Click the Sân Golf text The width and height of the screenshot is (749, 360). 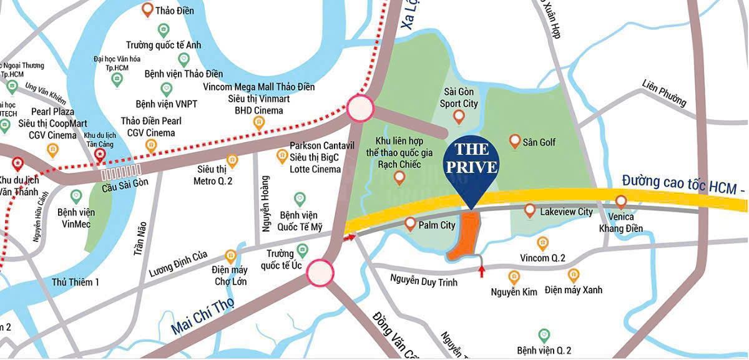tap(541, 142)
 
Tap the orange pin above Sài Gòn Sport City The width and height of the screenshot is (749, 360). tap(459, 116)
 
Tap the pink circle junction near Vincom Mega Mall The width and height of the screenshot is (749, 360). tap(360, 108)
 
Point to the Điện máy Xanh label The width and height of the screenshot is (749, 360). tap(573, 290)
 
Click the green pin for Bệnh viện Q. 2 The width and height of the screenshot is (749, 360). tap(544, 335)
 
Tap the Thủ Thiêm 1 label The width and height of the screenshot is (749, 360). tap(76, 282)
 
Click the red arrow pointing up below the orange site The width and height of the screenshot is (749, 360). tap(481, 271)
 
